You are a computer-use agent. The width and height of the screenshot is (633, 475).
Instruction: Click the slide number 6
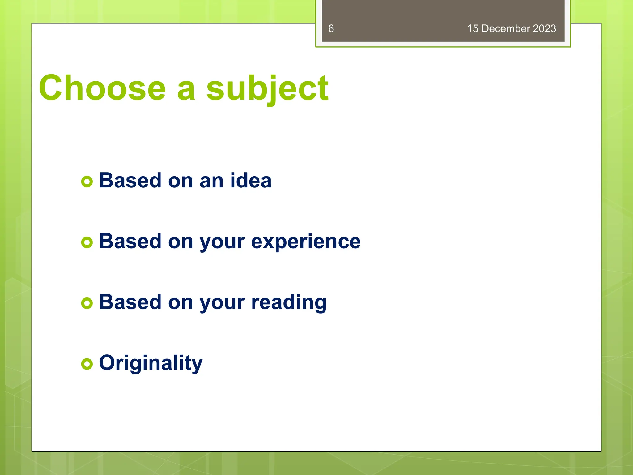[x=331, y=29]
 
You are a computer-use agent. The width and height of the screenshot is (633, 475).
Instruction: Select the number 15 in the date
[x=473, y=29]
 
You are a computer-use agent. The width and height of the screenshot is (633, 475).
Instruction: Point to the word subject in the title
[x=267, y=89]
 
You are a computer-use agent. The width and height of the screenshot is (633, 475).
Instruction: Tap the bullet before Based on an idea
[x=87, y=182]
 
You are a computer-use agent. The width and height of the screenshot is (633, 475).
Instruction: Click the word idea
[x=251, y=180]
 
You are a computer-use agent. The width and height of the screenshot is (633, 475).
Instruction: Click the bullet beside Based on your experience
[x=87, y=242]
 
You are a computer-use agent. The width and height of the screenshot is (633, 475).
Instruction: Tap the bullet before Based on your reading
[x=87, y=303]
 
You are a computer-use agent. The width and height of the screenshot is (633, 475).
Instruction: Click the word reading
[x=289, y=302]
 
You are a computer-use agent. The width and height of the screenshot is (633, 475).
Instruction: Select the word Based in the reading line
[x=130, y=302]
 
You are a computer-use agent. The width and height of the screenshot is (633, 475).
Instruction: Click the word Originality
[x=151, y=363]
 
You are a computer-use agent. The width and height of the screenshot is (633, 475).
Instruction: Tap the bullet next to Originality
[x=87, y=364]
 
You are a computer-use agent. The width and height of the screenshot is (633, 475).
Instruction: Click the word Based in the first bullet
[x=130, y=180]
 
